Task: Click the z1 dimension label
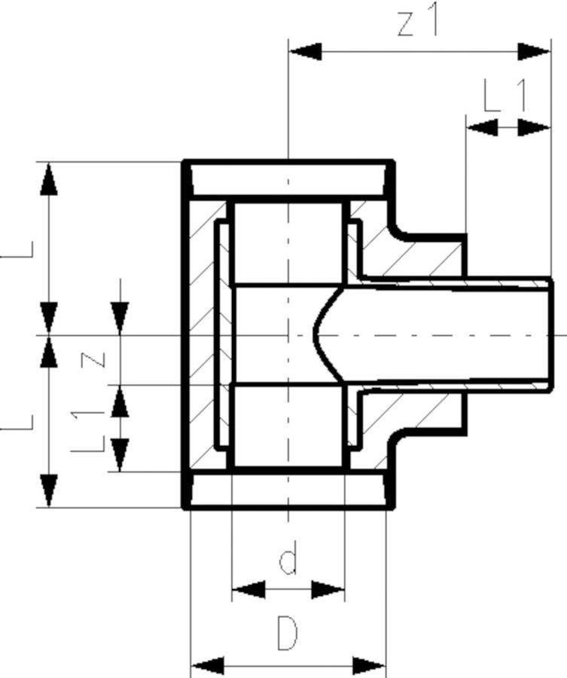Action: [416, 23]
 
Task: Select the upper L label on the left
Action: [19, 249]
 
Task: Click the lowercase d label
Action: [288, 561]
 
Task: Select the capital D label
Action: [287, 633]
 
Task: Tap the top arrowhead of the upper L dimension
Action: [49, 178]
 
